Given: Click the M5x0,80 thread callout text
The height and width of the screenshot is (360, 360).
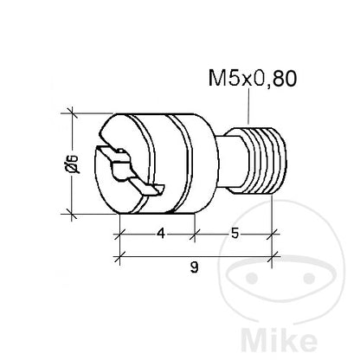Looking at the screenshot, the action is point(253,79).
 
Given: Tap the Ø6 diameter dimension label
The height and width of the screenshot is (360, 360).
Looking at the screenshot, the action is point(72,164).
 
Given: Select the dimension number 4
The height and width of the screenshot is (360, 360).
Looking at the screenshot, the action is point(161,233).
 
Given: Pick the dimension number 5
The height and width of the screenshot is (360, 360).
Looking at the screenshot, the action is point(235,233).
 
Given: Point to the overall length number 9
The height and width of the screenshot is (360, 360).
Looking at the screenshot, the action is point(195,267).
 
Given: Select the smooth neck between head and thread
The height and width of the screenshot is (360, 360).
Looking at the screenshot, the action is point(232,162).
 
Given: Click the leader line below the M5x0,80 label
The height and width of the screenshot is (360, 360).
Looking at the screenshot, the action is point(248,106).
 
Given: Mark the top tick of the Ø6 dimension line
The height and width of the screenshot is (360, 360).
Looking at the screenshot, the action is point(72,113).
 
